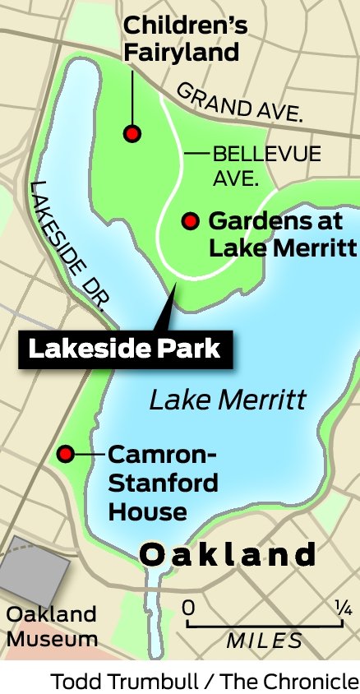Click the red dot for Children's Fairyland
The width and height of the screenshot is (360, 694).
[131, 132]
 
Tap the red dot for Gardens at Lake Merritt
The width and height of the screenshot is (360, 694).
[191, 220]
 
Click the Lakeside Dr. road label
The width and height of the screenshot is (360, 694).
[71, 247]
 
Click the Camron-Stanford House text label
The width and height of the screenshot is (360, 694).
[163, 483]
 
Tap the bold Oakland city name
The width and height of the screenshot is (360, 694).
[228, 554]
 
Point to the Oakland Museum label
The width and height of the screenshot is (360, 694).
[51, 626]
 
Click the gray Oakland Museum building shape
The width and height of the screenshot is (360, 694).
[33, 572]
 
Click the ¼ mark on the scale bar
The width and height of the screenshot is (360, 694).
[343, 608]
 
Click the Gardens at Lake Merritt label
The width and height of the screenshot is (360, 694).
[281, 234]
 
